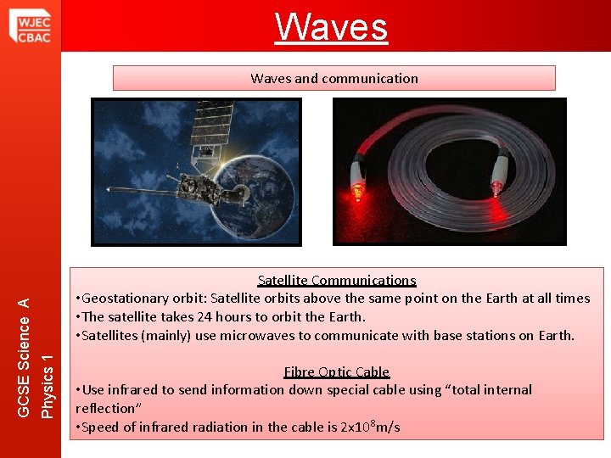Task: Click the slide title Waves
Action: [332, 26]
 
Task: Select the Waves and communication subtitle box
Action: [334, 78]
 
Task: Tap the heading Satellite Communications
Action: [337, 280]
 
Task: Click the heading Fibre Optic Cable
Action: [337, 371]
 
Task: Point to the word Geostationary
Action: [122, 298]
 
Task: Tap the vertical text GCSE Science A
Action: [25, 356]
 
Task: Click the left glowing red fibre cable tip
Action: [358, 192]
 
